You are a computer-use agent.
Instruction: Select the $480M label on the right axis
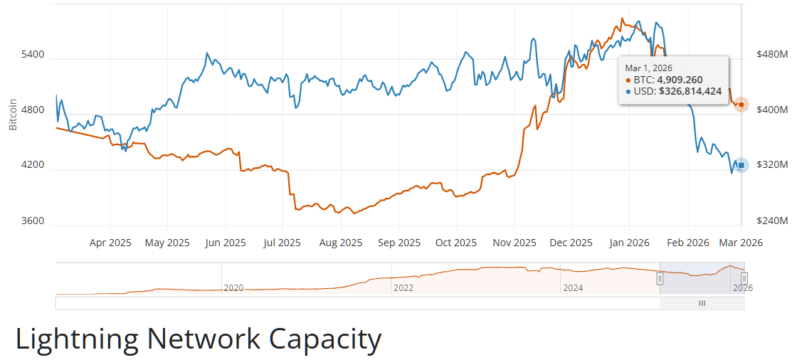pyautogui.click(x=772, y=55)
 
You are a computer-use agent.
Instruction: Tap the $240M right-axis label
pyautogui.click(x=772, y=221)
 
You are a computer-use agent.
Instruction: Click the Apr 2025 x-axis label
pyautogui.click(x=110, y=243)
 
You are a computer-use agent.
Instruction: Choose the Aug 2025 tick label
pyautogui.click(x=341, y=243)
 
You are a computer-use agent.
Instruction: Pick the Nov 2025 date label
pyautogui.click(x=514, y=243)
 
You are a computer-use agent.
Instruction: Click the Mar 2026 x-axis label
pyautogui.click(x=741, y=243)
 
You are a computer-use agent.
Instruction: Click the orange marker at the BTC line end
pyautogui.click(x=741, y=105)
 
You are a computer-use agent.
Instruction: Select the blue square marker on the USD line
pyautogui.click(x=741, y=165)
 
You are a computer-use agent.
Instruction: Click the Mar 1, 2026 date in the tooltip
pyautogui.click(x=648, y=68)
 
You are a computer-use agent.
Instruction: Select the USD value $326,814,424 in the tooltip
pyautogui.click(x=690, y=92)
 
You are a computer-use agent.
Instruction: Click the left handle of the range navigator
pyautogui.click(x=660, y=278)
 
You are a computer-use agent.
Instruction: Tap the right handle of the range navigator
pyautogui.click(x=744, y=278)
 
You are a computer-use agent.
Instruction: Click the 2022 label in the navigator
pyautogui.click(x=403, y=287)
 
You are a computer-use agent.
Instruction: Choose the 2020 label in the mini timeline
pyautogui.click(x=234, y=287)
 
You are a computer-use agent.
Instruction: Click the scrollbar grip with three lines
pyautogui.click(x=702, y=303)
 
